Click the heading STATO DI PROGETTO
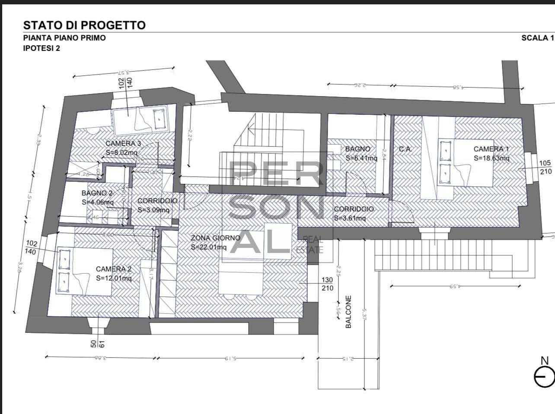pyautogui.click(x=84, y=25)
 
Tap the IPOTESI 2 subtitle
pyautogui.click(x=41, y=48)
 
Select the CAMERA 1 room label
pyautogui.click(x=491, y=149)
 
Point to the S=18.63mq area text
pyautogui.click(x=491, y=158)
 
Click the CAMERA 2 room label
pyautogui.click(x=114, y=269)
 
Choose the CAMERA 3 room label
pyautogui.click(x=123, y=144)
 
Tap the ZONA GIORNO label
pyautogui.click(x=215, y=238)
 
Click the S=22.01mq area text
pyautogui.click(x=209, y=247)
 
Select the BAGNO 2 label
pyautogui.click(x=97, y=193)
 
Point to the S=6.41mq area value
pyautogui.click(x=361, y=158)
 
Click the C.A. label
pyautogui.click(x=405, y=149)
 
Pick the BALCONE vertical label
pyautogui.click(x=349, y=312)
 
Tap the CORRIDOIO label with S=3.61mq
pyautogui.click(x=354, y=209)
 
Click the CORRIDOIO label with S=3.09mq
pyautogui.click(x=157, y=201)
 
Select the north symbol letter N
pyautogui.click(x=545, y=360)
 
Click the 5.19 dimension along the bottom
pyautogui.click(x=231, y=358)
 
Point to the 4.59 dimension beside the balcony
pyautogui.click(x=454, y=286)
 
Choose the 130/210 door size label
pyautogui.click(x=327, y=284)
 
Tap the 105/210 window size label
pyautogui.click(x=545, y=167)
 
